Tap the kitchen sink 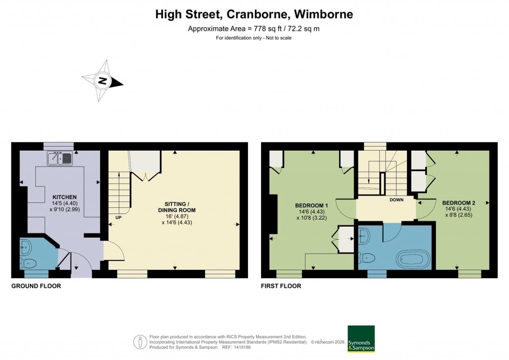tap(61, 159)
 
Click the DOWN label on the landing tap(396, 200)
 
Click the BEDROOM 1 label tap(312, 205)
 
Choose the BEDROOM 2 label tap(459, 203)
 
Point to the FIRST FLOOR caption tap(281, 286)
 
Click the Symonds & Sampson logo tap(361, 339)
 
